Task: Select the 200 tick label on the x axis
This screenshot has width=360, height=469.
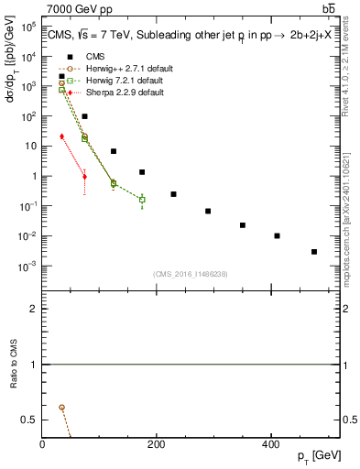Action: pos(156,445)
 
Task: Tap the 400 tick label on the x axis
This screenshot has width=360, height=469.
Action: pos(269,445)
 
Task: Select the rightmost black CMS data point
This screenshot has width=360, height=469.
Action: pos(314,251)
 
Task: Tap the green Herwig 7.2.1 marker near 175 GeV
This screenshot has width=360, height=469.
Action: pos(142,199)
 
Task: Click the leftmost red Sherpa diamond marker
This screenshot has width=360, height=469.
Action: pos(61,136)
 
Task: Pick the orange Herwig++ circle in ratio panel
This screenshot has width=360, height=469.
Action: pos(61,407)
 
